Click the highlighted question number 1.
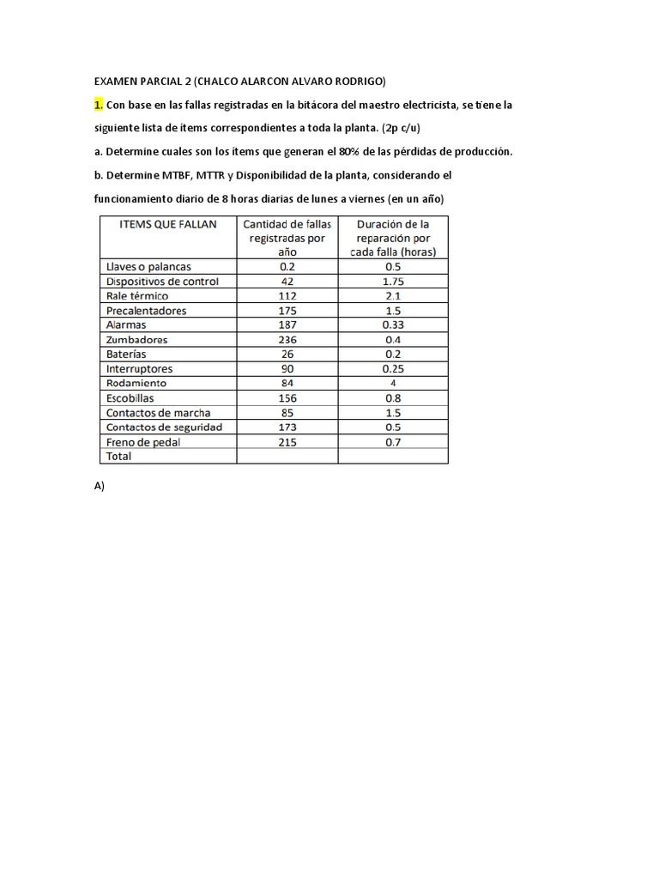(x=99, y=105)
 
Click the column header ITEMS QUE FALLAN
(x=160, y=224)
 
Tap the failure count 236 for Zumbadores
(x=287, y=340)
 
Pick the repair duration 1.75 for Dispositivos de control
(x=393, y=282)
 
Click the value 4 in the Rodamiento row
(x=393, y=384)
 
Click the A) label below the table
(x=99, y=486)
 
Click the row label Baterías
(x=125, y=355)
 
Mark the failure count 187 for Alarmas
(x=287, y=325)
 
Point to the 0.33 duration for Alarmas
(x=393, y=325)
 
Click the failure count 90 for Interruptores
(x=287, y=369)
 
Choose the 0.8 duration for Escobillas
(x=393, y=398)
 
